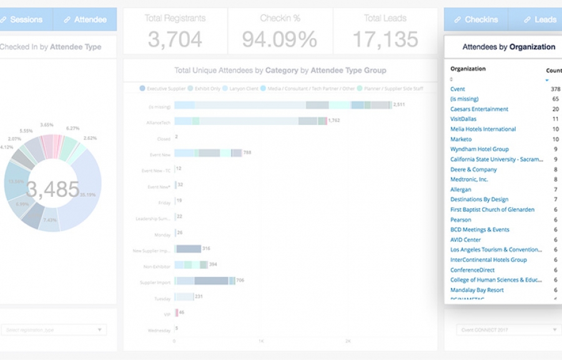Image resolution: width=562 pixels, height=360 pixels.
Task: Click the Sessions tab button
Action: coord(25,19)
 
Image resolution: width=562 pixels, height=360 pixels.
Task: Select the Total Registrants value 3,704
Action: coord(174,39)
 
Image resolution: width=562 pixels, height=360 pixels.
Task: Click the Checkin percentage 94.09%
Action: coord(279,39)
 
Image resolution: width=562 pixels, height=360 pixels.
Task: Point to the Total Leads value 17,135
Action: coord(385,39)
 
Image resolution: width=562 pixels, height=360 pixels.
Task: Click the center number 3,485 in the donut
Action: coord(53,189)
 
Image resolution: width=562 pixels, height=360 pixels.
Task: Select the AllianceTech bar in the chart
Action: coord(250,121)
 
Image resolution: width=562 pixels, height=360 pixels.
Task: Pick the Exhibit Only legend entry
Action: coord(207,89)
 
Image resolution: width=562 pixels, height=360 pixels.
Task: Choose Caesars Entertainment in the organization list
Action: coord(479,109)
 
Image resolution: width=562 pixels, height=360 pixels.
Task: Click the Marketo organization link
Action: coord(461,139)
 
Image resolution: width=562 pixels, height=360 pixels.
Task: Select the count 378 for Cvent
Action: coord(555,89)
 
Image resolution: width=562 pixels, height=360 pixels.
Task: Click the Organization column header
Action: coord(468,69)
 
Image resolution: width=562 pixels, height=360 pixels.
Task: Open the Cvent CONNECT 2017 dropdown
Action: coord(503,329)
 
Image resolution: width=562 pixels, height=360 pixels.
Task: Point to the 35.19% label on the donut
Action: coord(88,194)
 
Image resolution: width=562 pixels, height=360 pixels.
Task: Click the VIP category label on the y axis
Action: coord(166,313)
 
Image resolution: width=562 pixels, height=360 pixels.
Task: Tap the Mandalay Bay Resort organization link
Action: coord(477,290)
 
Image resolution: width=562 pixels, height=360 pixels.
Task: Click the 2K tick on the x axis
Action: coord(348,341)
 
